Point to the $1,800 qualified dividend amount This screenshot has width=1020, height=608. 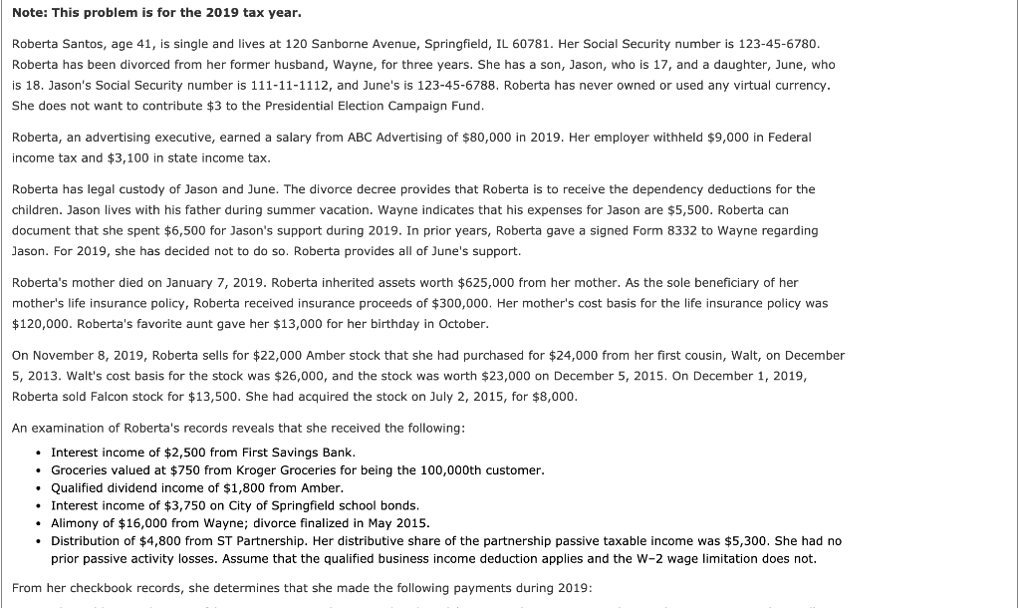tap(228, 487)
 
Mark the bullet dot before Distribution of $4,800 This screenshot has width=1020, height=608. tap(37, 541)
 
